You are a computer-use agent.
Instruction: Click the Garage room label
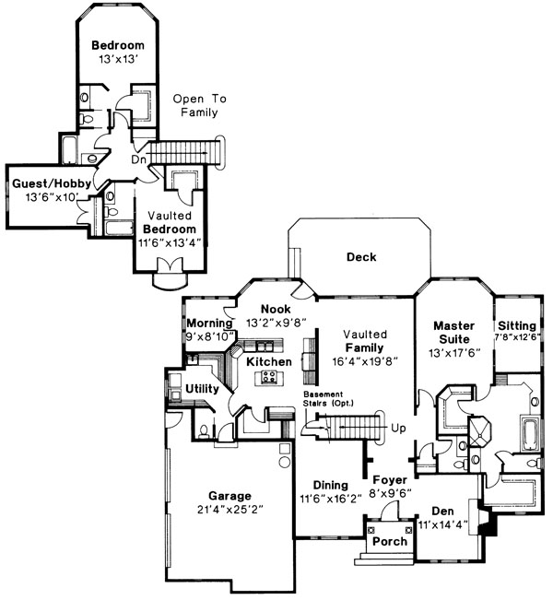point(229,496)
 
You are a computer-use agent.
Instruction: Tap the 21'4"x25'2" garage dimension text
point(230,510)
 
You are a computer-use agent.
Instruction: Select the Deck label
point(361,257)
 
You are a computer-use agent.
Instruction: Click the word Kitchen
point(268,361)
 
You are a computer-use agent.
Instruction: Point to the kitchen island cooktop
point(268,377)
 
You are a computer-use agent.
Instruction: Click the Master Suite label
point(454,333)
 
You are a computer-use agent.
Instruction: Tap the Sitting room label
point(517,325)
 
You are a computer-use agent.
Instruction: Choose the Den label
point(442,512)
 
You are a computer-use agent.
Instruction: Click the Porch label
point(390,541)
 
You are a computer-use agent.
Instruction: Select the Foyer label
point(390,480)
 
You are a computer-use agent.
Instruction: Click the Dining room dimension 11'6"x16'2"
point(331,499)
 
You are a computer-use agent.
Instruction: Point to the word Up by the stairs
point(398,428)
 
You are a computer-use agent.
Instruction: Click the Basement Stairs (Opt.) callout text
point(328,398)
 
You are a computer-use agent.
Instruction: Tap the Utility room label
point(202,389)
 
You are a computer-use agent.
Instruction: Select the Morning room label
point(210,323)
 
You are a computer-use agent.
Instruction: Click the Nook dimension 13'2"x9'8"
point(276,323)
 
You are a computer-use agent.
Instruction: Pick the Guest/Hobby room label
point(52,183)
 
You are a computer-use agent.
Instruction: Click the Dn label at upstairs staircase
point(138,159)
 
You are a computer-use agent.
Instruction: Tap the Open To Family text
point(200,106)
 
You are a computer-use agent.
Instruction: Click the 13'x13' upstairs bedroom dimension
point(118,59)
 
